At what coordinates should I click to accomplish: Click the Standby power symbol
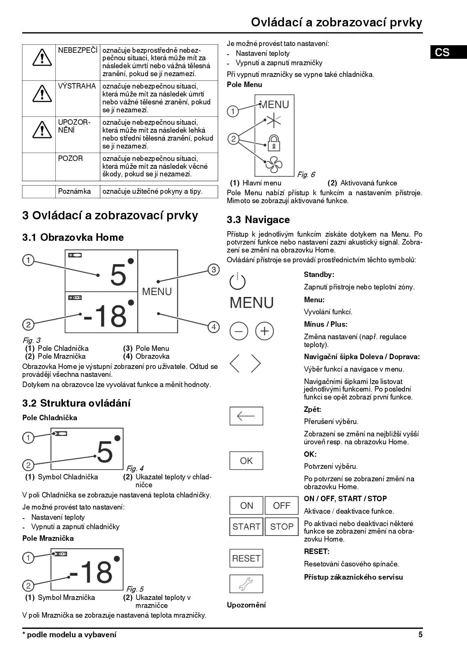pos(238,281)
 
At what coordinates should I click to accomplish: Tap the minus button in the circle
pos(239,331)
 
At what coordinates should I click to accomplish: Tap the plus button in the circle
pos(264,331)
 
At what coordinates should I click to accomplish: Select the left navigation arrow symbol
pos(235,363)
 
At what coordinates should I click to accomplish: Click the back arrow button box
pos(246,416)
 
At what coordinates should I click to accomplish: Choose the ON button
pos(246,506)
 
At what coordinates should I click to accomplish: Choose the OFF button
pos(281,506)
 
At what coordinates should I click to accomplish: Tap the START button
pos(246,526)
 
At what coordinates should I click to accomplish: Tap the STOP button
pos(281,526)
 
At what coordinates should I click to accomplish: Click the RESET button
pos(246,558)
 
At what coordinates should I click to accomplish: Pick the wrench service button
pos(246,584)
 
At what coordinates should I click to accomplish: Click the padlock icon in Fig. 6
pos(274,143)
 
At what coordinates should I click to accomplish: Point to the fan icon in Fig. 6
pos(274,164)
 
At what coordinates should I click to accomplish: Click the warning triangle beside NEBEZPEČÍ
pos(42,57)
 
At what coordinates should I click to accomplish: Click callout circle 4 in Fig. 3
pos(213,327)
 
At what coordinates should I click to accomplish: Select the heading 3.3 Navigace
pos(258,220)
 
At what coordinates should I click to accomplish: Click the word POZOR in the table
pos(70,158)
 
